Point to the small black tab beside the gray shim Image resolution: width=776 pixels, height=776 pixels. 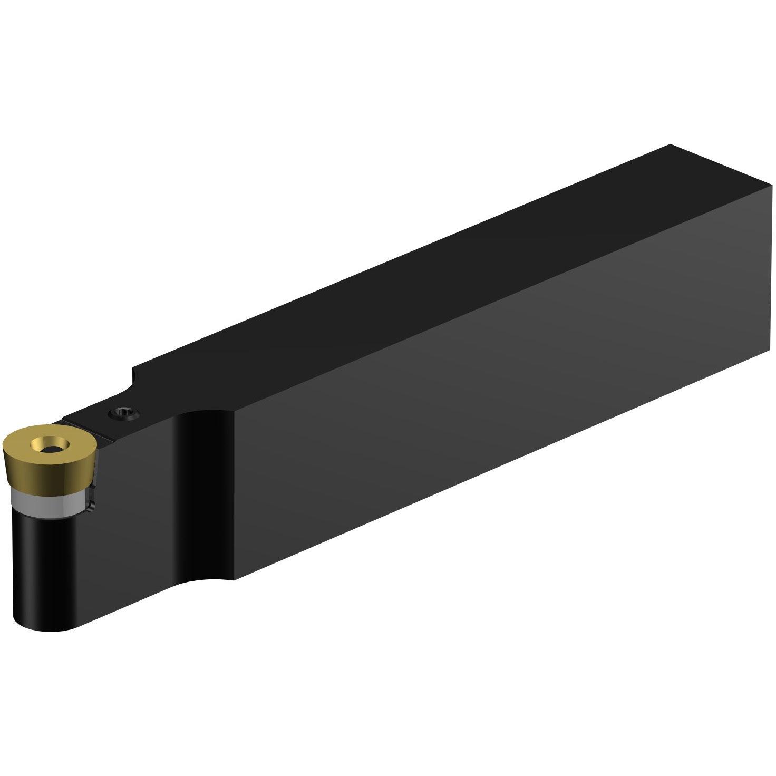92,506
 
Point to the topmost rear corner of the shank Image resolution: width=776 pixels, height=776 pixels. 670,144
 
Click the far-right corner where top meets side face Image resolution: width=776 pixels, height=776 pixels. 771,186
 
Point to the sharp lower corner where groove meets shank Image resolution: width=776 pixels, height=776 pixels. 234,579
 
